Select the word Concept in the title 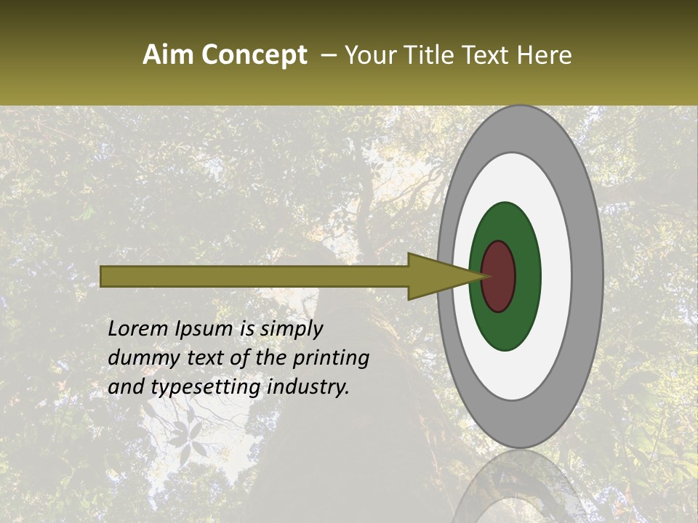pyautogui.click(x=254, y=56)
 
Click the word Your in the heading pyautogui.click(x=369, y=55)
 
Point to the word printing pyautogui.click(x=331, y=359)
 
